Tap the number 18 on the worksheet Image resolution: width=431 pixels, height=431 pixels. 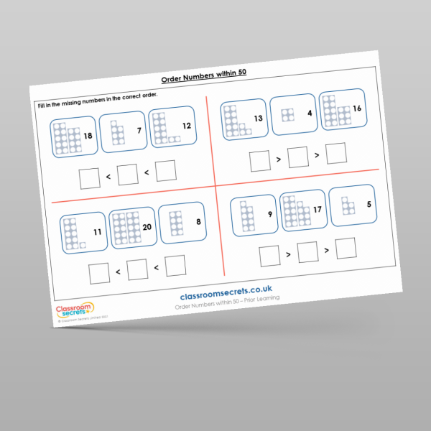88,136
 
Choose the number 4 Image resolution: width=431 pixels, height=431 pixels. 309,112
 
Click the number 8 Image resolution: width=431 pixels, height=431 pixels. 198,222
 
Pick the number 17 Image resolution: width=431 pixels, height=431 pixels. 316,208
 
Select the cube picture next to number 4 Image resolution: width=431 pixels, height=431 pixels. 288,114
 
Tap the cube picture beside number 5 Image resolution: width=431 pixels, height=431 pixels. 347,205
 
